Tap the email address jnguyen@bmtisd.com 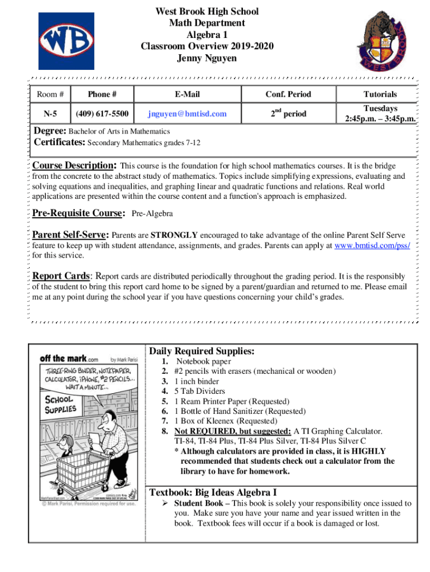(187, 114)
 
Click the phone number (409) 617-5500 (102, 114)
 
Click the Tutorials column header (380, 94)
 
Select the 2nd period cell (289, 113)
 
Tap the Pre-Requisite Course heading (78, 213)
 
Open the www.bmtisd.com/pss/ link (371, 245)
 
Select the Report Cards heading (61, 276)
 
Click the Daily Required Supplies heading (202, 351)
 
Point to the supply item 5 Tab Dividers (199, 391)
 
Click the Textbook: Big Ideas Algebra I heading (213, 492)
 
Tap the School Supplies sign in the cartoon (60, 404)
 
